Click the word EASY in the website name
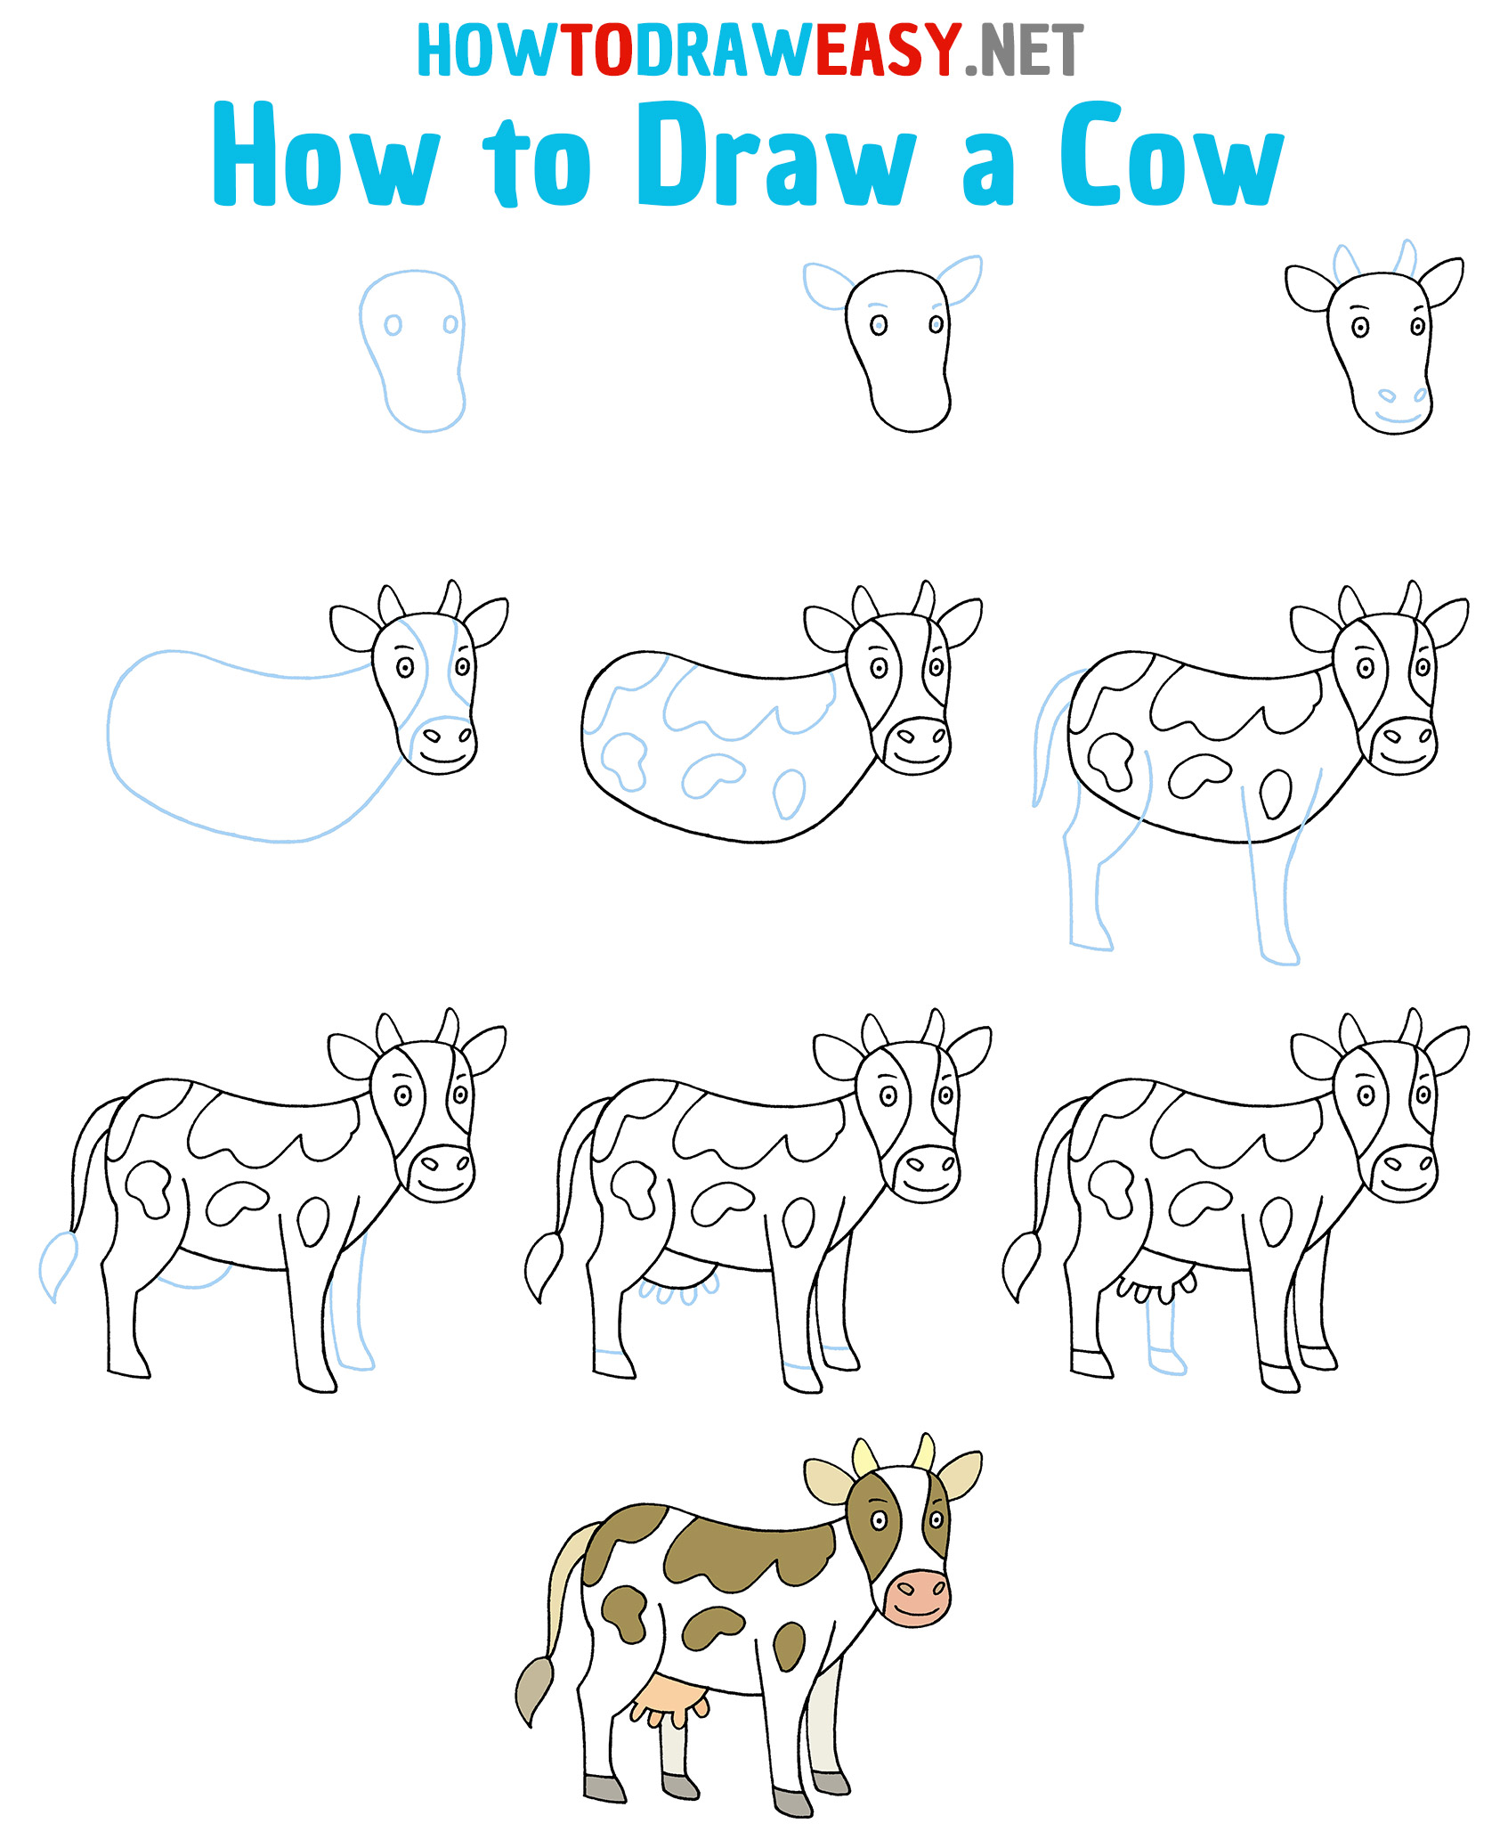888,50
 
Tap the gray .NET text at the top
1025,52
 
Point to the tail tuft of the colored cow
535,1689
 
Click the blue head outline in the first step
412,351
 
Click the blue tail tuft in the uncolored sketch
57,1266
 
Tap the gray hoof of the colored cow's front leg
791,1802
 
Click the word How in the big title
326,154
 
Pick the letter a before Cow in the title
988,167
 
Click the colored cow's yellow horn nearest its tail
864,1459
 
